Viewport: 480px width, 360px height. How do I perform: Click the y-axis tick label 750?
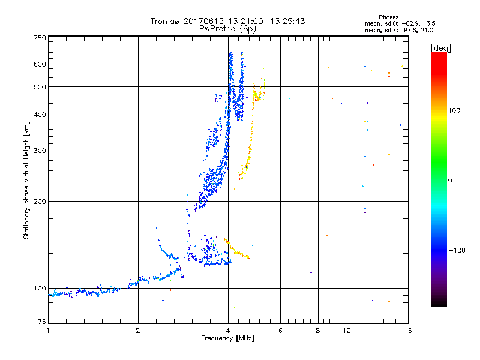coord(39,37)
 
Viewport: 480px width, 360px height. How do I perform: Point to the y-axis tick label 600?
coord(39,64)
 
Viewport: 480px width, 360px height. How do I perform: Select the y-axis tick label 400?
coord(39,115)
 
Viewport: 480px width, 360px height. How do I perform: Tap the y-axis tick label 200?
coord(39,201)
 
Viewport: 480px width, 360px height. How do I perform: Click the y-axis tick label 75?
coord(41,322)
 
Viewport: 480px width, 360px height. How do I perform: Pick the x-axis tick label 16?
coord(407,331)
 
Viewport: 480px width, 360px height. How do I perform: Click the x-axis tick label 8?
coord(318,331)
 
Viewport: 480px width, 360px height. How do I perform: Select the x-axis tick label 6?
coord(280,331)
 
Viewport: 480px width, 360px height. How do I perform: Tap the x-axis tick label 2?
coord(138,331)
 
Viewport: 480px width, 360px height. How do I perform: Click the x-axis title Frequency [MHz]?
coord(228,338)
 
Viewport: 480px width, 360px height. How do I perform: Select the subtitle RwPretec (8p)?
coord(228,28)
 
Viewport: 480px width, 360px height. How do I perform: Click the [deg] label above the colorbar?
coord(440,47)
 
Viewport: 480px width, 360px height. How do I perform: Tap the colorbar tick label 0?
coord(450,180)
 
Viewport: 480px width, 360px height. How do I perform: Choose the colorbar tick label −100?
coord(456,250)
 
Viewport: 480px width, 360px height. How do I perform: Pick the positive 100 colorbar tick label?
coord(454,110)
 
